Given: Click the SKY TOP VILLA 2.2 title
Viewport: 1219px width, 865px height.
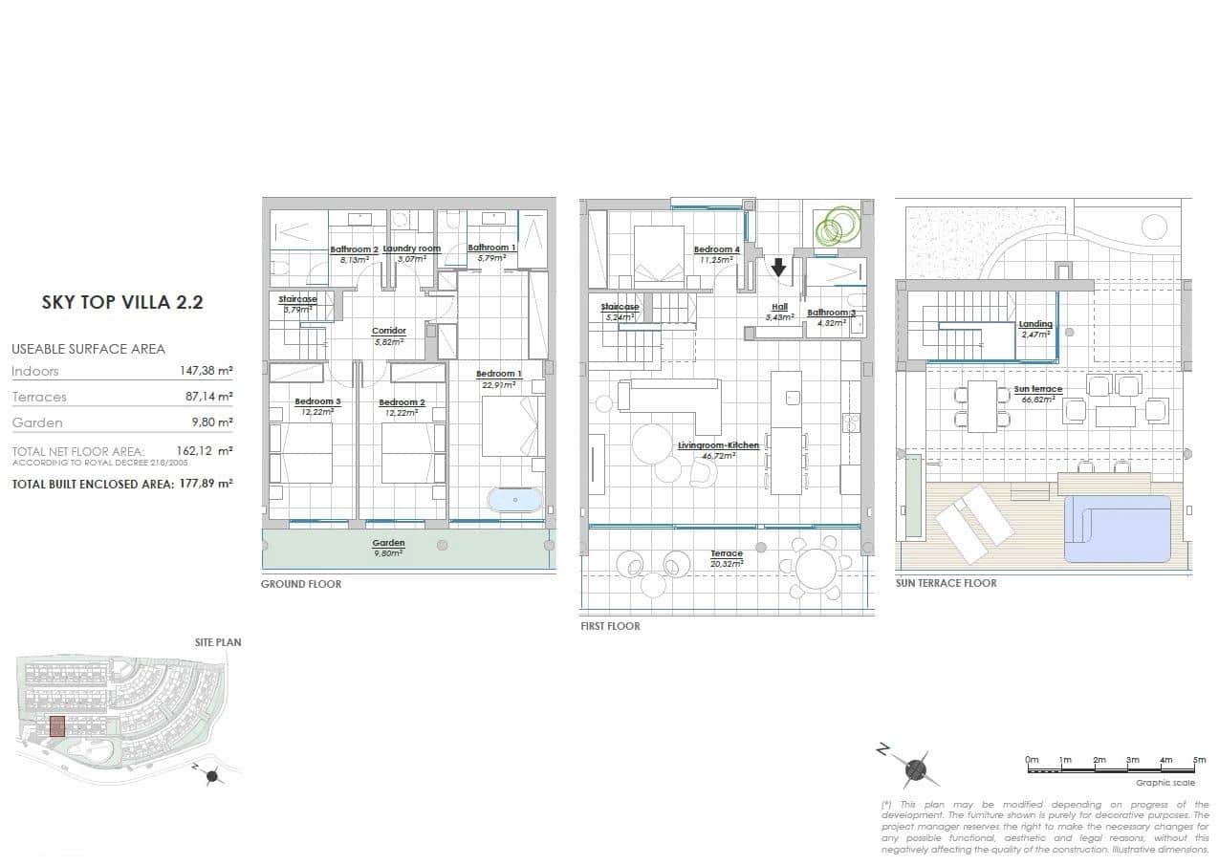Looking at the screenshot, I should (x=122, y=303).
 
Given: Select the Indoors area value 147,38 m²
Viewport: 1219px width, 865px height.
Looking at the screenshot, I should (x=206, y=371).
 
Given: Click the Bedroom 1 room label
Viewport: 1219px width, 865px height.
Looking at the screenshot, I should (x=498, y=374).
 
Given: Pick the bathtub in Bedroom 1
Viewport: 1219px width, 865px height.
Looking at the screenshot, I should (x=514, y=500).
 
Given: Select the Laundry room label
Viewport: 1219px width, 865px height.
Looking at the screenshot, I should (x=411, y=249).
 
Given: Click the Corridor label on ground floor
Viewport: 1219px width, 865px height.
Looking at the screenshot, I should (x=388, y=332).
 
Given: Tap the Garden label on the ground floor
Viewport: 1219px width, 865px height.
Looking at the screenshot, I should (x=388, y=543).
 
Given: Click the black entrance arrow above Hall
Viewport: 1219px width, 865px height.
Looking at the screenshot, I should (x=778, y=267).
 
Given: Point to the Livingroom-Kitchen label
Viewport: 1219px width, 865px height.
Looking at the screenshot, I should (x=718, y=445).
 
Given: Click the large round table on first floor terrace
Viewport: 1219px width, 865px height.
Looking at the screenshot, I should (x=816, y=569).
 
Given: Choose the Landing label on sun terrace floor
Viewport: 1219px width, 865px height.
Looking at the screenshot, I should (x=1034, y=324).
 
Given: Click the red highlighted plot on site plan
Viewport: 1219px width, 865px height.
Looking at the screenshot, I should (x=56, y=726).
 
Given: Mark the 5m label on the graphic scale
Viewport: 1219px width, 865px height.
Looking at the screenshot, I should (x=1199, y=760).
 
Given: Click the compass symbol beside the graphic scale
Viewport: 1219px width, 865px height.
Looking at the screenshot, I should (x=915, y=768).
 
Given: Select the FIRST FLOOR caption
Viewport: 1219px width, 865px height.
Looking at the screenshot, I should (x=610, y=626).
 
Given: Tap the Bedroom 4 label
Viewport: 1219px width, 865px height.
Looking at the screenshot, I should (x=717, y=249).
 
